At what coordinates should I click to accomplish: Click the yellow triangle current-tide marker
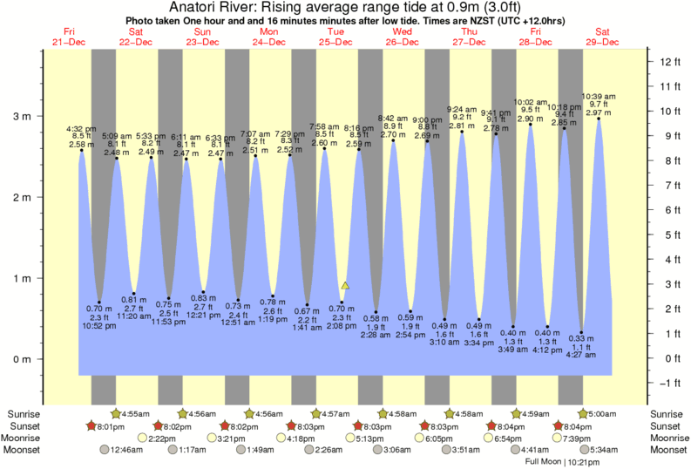(x=345, y=285)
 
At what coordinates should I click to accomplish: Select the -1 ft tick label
(x=669, y=383)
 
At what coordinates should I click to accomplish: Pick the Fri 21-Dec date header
(x=69, y=37)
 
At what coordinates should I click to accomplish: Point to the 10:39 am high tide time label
(x=599, y=96)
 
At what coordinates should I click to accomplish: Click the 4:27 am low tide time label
(x=582, y=355)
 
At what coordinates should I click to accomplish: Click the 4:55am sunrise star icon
(x=116, y=412)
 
